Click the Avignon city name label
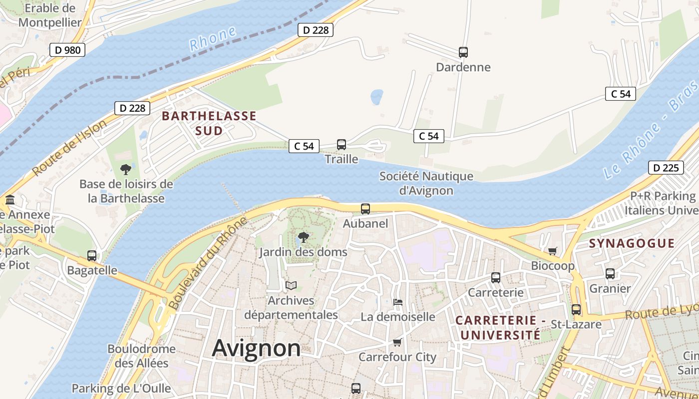(256, 348)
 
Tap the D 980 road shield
(67, 50)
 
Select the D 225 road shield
(666, 168)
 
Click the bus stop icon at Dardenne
(463, 52)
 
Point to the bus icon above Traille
(342, 145)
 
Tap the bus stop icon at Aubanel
(365, 209)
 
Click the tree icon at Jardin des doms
(303, 237)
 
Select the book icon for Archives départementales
(291, 286)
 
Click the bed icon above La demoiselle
(398, 302)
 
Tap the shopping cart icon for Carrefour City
(397, 342)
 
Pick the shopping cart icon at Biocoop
(552, 251)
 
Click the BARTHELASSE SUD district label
(209, 123)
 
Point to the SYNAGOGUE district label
(632, 243)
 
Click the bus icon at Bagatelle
(92, 256)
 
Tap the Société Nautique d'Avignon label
(426, 183)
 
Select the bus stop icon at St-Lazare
(576, 310)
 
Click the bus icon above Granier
(610, 274)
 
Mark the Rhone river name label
(213, 39)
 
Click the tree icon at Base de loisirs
(126, 169)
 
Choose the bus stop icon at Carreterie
(496, 278)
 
